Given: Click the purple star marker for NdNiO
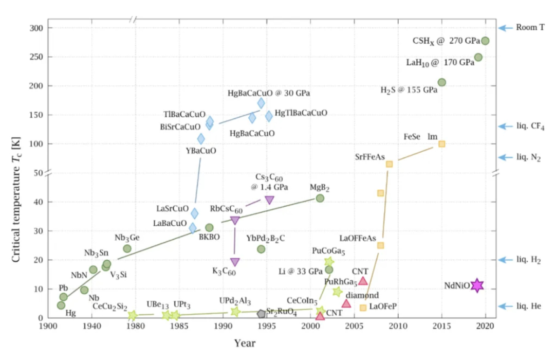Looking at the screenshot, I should (x=477, y=284).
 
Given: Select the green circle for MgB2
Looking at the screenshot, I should (x=320, y=198).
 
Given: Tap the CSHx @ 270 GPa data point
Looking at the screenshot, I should (x=485, y=41).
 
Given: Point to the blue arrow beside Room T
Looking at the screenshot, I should (x=506, y=28).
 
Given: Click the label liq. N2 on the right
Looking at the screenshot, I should (x=529, y=157).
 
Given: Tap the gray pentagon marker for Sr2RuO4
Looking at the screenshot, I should (x=261, y=313).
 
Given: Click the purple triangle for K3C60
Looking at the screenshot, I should (x=235, y=262).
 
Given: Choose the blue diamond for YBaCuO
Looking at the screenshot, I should (x=201, y=139).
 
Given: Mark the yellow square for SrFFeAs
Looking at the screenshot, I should (x=390, y=164).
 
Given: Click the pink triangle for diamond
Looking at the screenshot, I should (x=346, y=303).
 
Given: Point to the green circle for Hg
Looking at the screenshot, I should (x=61, y=305).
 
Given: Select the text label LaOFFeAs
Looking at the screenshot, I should (x=358, y=238).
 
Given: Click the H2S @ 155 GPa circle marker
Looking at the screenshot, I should (x=441, y=82).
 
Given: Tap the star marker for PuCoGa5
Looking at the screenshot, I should (x=329, y=262).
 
